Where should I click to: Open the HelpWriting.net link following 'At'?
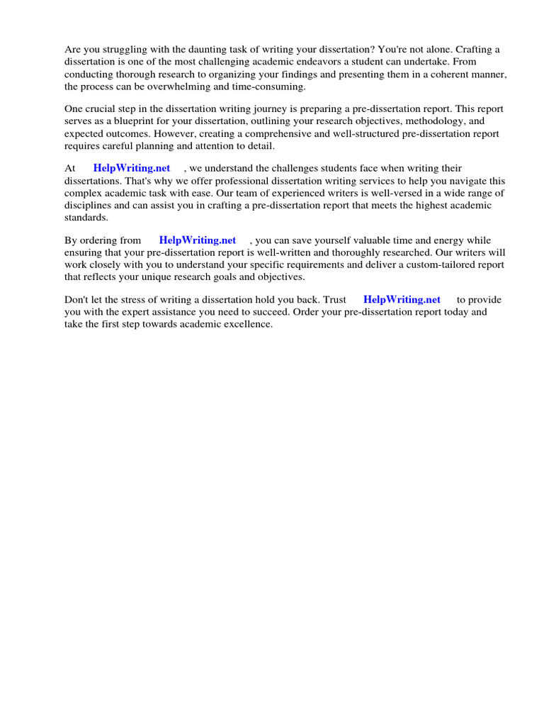click(132, 169)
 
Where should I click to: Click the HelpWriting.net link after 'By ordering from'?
click(198, 241)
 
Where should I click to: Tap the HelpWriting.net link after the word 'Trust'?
click(402, 300)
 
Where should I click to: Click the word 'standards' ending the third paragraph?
click(86, 217)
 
